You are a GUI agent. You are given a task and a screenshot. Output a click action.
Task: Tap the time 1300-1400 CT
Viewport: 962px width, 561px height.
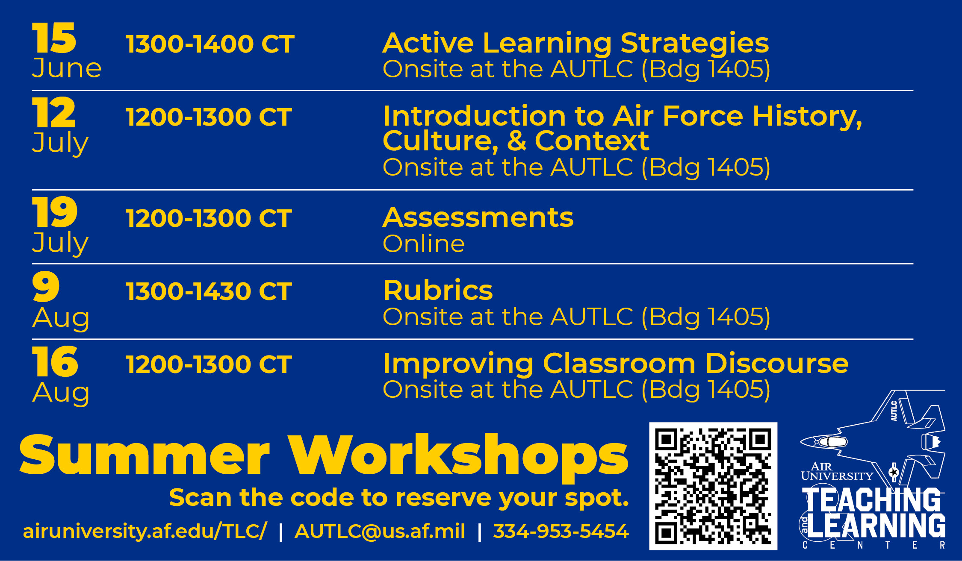(210, 44)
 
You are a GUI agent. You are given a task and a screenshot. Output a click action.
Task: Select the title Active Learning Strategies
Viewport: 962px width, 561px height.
(575, 44)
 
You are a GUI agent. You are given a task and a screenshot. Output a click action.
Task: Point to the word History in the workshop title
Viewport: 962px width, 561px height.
(807, 116)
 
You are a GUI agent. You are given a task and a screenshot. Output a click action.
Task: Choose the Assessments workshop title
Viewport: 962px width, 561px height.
(478, 217)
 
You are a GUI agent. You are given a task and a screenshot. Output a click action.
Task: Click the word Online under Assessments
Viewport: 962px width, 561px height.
(424, 244)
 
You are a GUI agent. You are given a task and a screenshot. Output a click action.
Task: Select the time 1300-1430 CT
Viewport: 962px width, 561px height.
(209, 291)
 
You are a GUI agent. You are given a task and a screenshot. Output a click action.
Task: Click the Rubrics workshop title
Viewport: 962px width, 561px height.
(438, 291)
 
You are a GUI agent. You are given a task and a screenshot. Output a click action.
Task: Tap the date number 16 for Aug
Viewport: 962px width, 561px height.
(55, 361)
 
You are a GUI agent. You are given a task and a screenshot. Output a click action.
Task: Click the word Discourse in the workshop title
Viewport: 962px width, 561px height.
(776, 364)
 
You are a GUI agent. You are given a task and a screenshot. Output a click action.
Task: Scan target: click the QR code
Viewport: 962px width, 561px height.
(713, 486)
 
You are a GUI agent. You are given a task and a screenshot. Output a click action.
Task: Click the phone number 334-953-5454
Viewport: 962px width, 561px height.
(561, 531)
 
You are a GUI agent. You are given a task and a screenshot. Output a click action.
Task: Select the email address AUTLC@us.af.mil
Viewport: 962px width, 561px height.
(380, 532)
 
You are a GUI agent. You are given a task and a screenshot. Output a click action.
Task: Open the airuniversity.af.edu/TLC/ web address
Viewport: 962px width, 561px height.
(145, 532)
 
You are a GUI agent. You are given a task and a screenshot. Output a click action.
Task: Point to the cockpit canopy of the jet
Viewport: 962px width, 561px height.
(831, 441)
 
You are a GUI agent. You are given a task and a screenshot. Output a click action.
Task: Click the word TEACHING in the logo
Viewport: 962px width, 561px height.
(871, 500)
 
